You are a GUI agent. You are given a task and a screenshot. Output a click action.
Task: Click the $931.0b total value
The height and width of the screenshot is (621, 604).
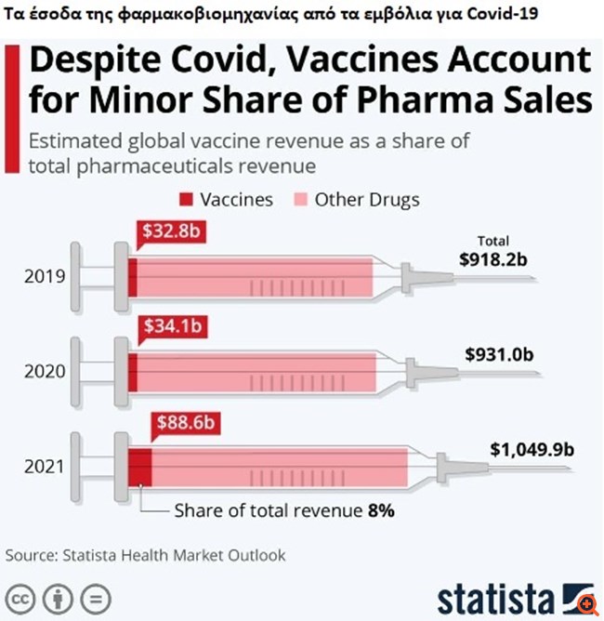tap(499, 354)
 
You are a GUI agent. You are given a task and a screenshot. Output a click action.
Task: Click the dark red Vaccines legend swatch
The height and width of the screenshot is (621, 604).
tap(184, 199)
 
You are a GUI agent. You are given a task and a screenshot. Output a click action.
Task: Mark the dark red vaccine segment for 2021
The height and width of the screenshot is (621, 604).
tap(139, 466)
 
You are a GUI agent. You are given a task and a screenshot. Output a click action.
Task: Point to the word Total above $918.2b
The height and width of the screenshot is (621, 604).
tap(492, 240)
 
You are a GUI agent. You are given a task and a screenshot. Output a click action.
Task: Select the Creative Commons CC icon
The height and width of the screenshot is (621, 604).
tap(22, 596)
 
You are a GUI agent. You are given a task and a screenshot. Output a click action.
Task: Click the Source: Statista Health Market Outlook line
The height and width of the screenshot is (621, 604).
tap(146, 555)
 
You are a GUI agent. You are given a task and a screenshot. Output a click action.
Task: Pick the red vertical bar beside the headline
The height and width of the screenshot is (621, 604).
tap(11, 107)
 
